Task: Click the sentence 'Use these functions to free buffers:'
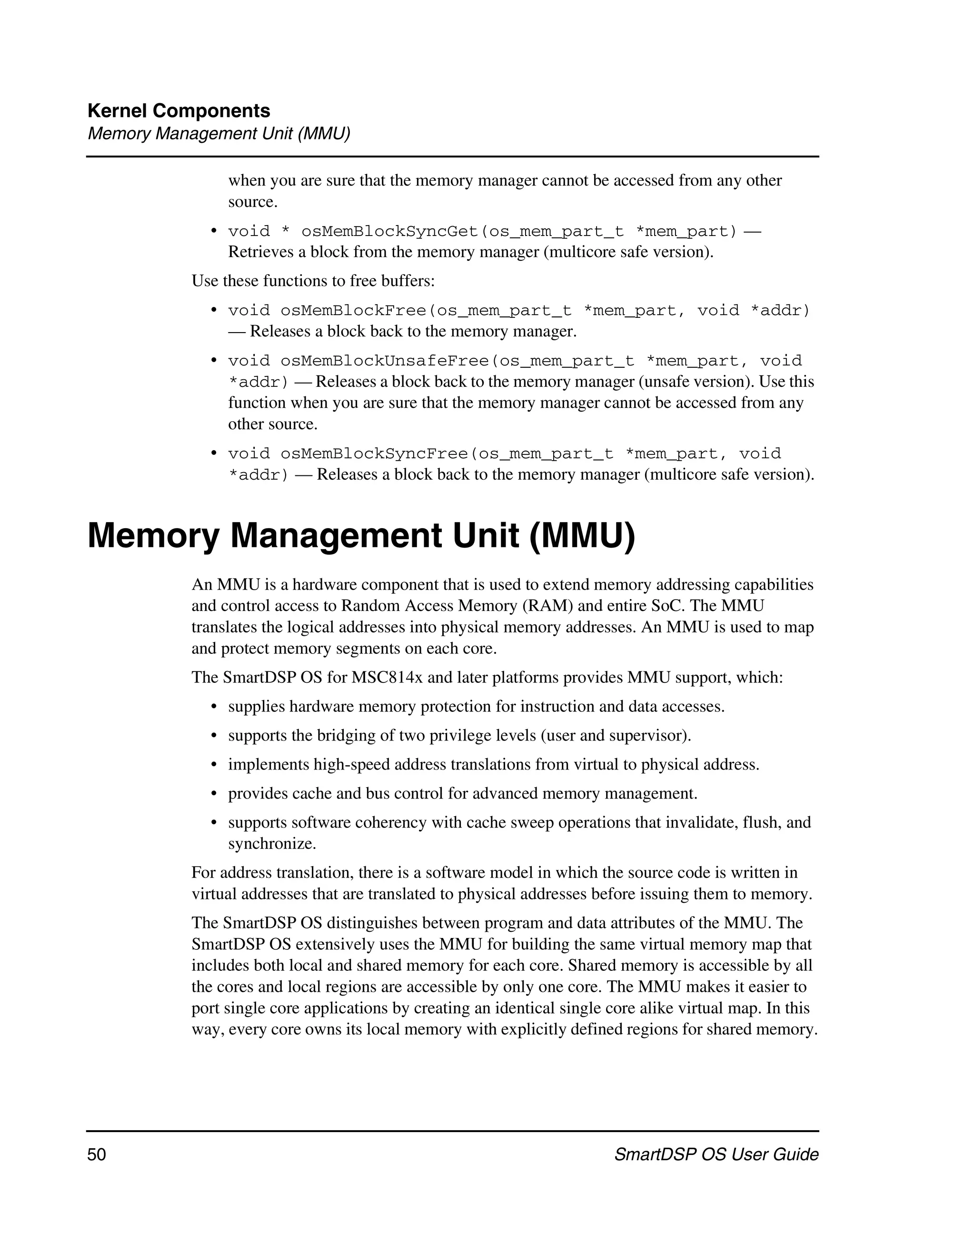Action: click(x=313, y=281)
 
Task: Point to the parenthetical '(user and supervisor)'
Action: click(x=616, y=736)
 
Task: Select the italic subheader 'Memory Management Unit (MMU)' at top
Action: click(x=219, y=134)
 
